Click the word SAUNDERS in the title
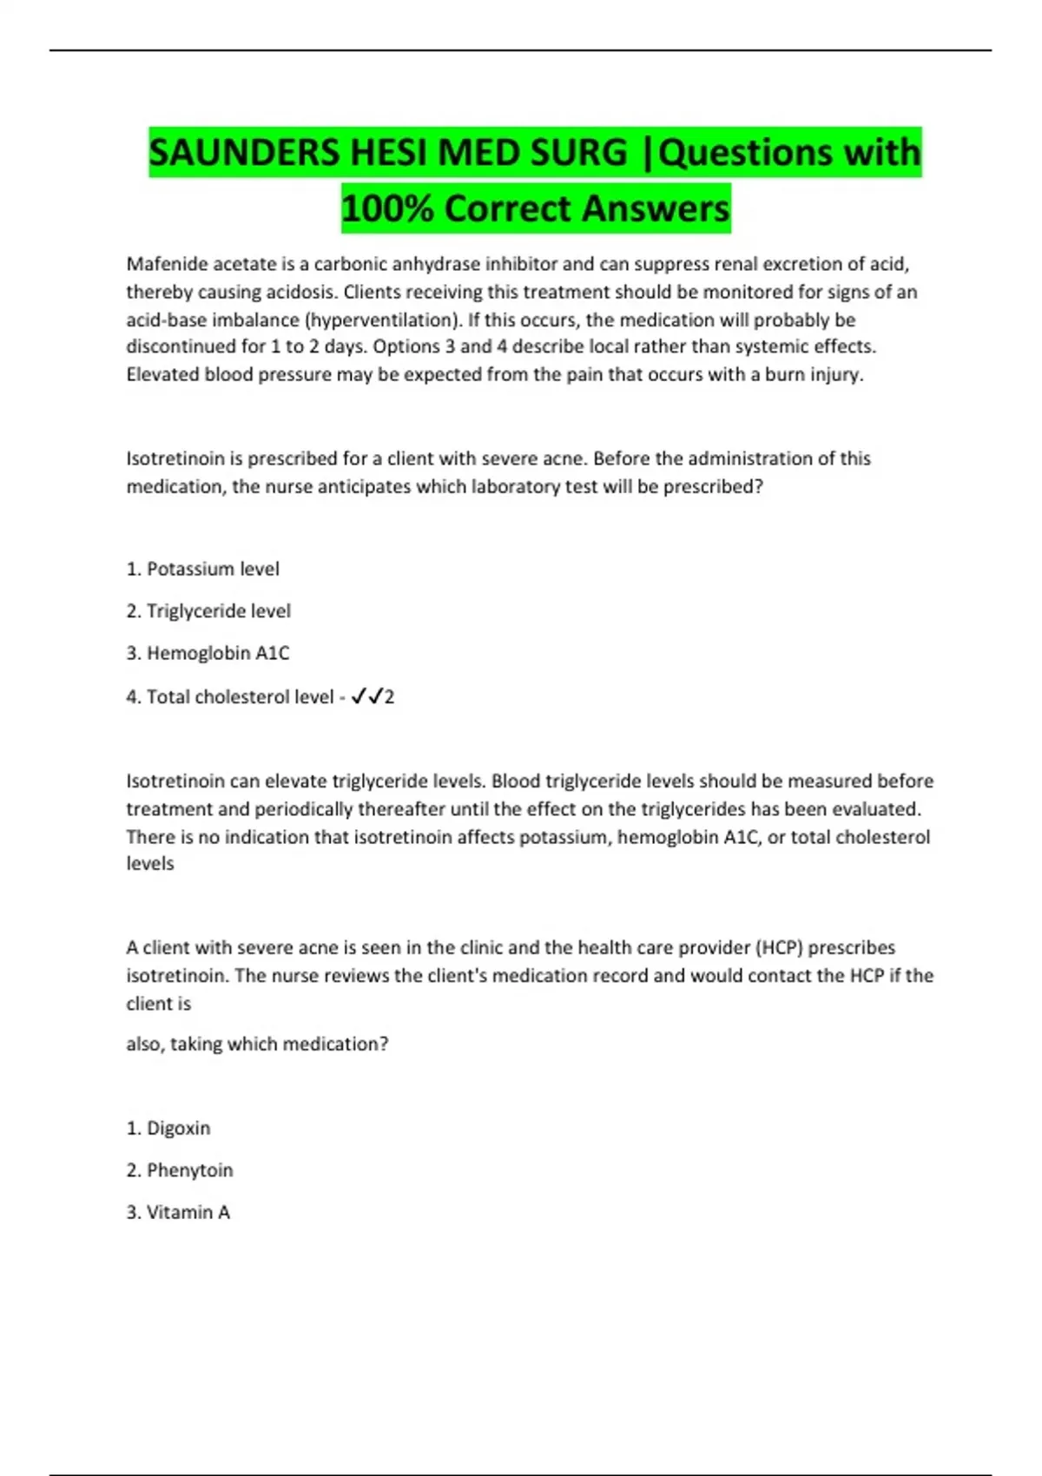[244, 153]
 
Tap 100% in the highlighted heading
[386, 208]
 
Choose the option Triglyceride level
[208, 610]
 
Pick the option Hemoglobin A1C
[208, 653]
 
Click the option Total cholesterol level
[230, 696]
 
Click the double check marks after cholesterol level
[367, 696]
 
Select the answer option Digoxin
[168, 1128]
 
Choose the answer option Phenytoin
[180, 1170]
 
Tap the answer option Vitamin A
[178, 1212]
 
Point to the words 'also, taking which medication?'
[257, 1044]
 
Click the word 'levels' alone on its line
[150, 864]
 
